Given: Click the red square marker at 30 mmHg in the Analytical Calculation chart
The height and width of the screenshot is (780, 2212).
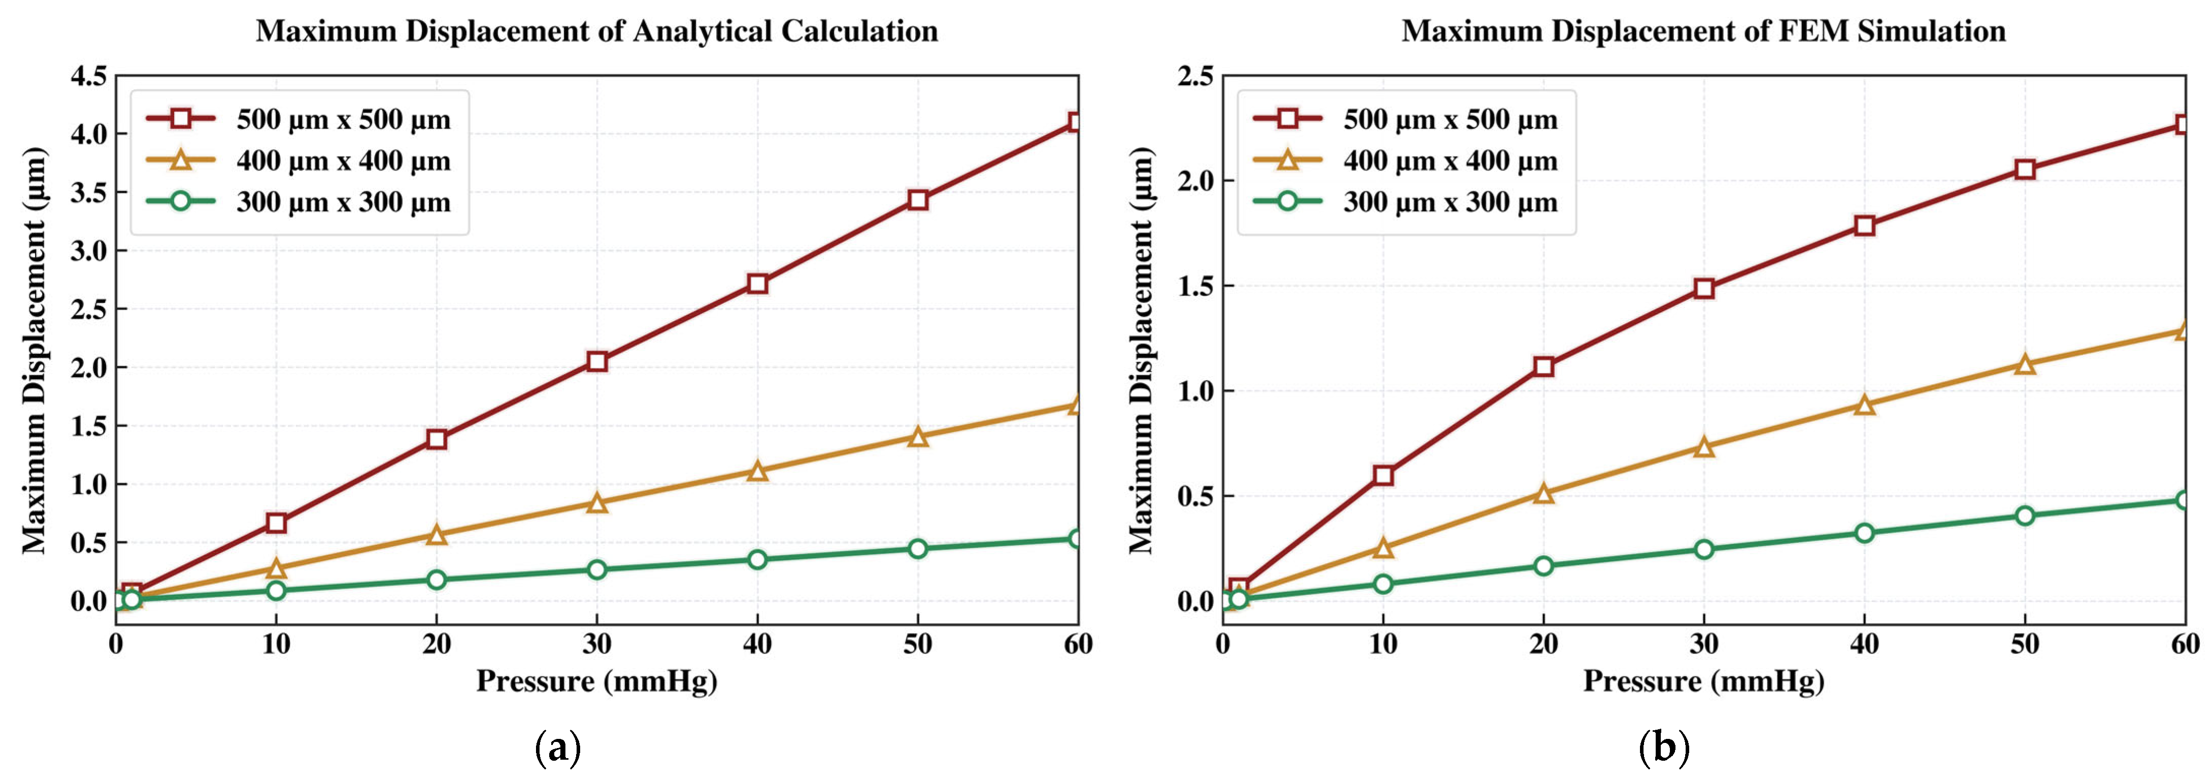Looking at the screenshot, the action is pos(597,361).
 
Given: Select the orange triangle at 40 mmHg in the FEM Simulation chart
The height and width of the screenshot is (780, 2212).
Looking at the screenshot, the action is pos(1864,404).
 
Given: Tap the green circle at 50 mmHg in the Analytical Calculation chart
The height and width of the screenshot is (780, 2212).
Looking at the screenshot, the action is pos(918,548).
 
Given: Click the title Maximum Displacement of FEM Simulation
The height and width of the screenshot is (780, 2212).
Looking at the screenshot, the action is pos(1703,31).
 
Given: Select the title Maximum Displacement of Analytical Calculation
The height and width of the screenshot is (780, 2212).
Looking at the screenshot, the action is pos(597,31).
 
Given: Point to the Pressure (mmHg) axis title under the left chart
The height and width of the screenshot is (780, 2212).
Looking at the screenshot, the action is pos(597,682).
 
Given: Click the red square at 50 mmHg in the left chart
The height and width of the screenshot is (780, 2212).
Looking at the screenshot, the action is pos(918,200).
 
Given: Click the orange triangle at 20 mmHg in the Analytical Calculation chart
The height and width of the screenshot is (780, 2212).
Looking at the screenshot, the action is pos(436,534).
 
